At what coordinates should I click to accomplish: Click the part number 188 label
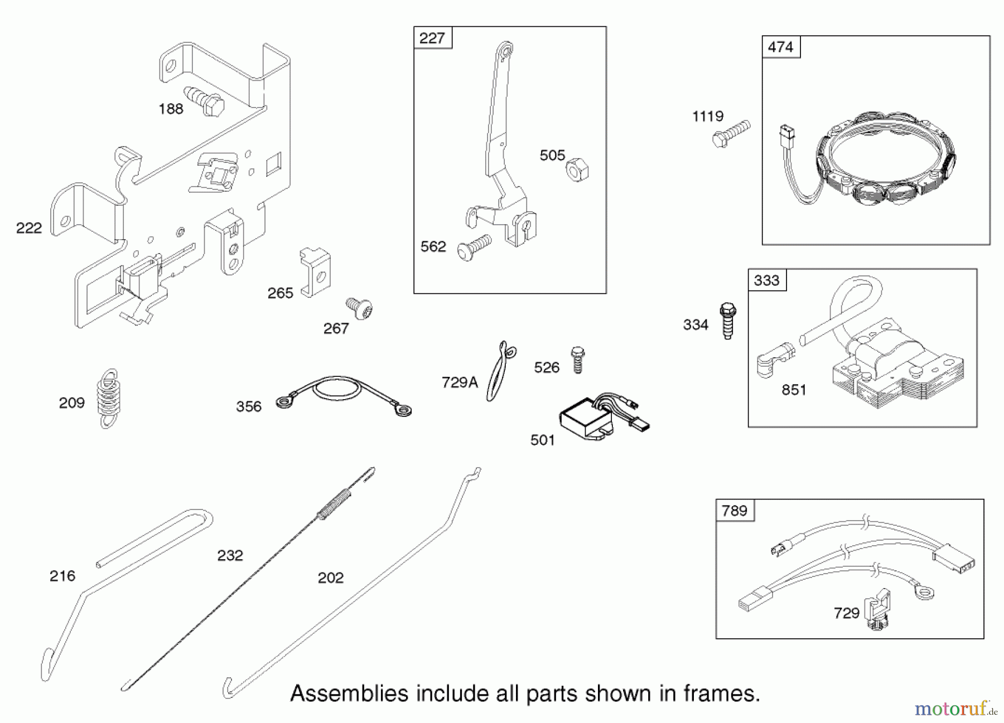coord(171,109)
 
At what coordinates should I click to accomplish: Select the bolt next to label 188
coord(205,101)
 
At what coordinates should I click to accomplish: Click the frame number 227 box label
coord(432,38)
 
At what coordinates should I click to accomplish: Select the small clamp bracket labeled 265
coord(315,272)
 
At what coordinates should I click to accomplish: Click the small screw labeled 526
coord(578,360)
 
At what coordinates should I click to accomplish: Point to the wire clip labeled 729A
coord(500,371)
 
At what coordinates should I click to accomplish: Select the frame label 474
coord(780,47)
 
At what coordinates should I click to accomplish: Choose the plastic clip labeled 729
coord(877,610)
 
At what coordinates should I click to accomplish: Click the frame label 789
coord(734,511)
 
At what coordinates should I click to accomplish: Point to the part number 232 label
coord(230,555)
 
